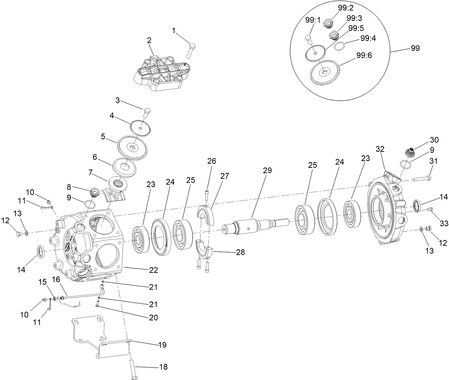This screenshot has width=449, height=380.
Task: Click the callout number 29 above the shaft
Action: [x=267, y=171]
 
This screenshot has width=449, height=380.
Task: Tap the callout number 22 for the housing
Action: [x=153, y=270]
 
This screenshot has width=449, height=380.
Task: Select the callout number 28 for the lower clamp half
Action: [x=241, y=252]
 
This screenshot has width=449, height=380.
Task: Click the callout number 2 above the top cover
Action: [x=149, y=40]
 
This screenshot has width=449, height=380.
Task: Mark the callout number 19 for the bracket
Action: [x=162, y=345]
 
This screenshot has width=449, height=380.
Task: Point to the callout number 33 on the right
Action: [x=444, y=224]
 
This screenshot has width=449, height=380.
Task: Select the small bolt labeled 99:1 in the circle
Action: [x=308, y=38]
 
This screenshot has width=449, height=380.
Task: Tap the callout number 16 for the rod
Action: [x=56, y=279]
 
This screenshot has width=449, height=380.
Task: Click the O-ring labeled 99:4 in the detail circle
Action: [x=339, y=46]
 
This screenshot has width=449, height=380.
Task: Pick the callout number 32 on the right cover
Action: [x=381, y=149]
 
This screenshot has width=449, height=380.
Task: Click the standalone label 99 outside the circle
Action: [x=415, y=48]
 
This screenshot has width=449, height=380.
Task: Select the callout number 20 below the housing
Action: [x=153, y=317]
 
